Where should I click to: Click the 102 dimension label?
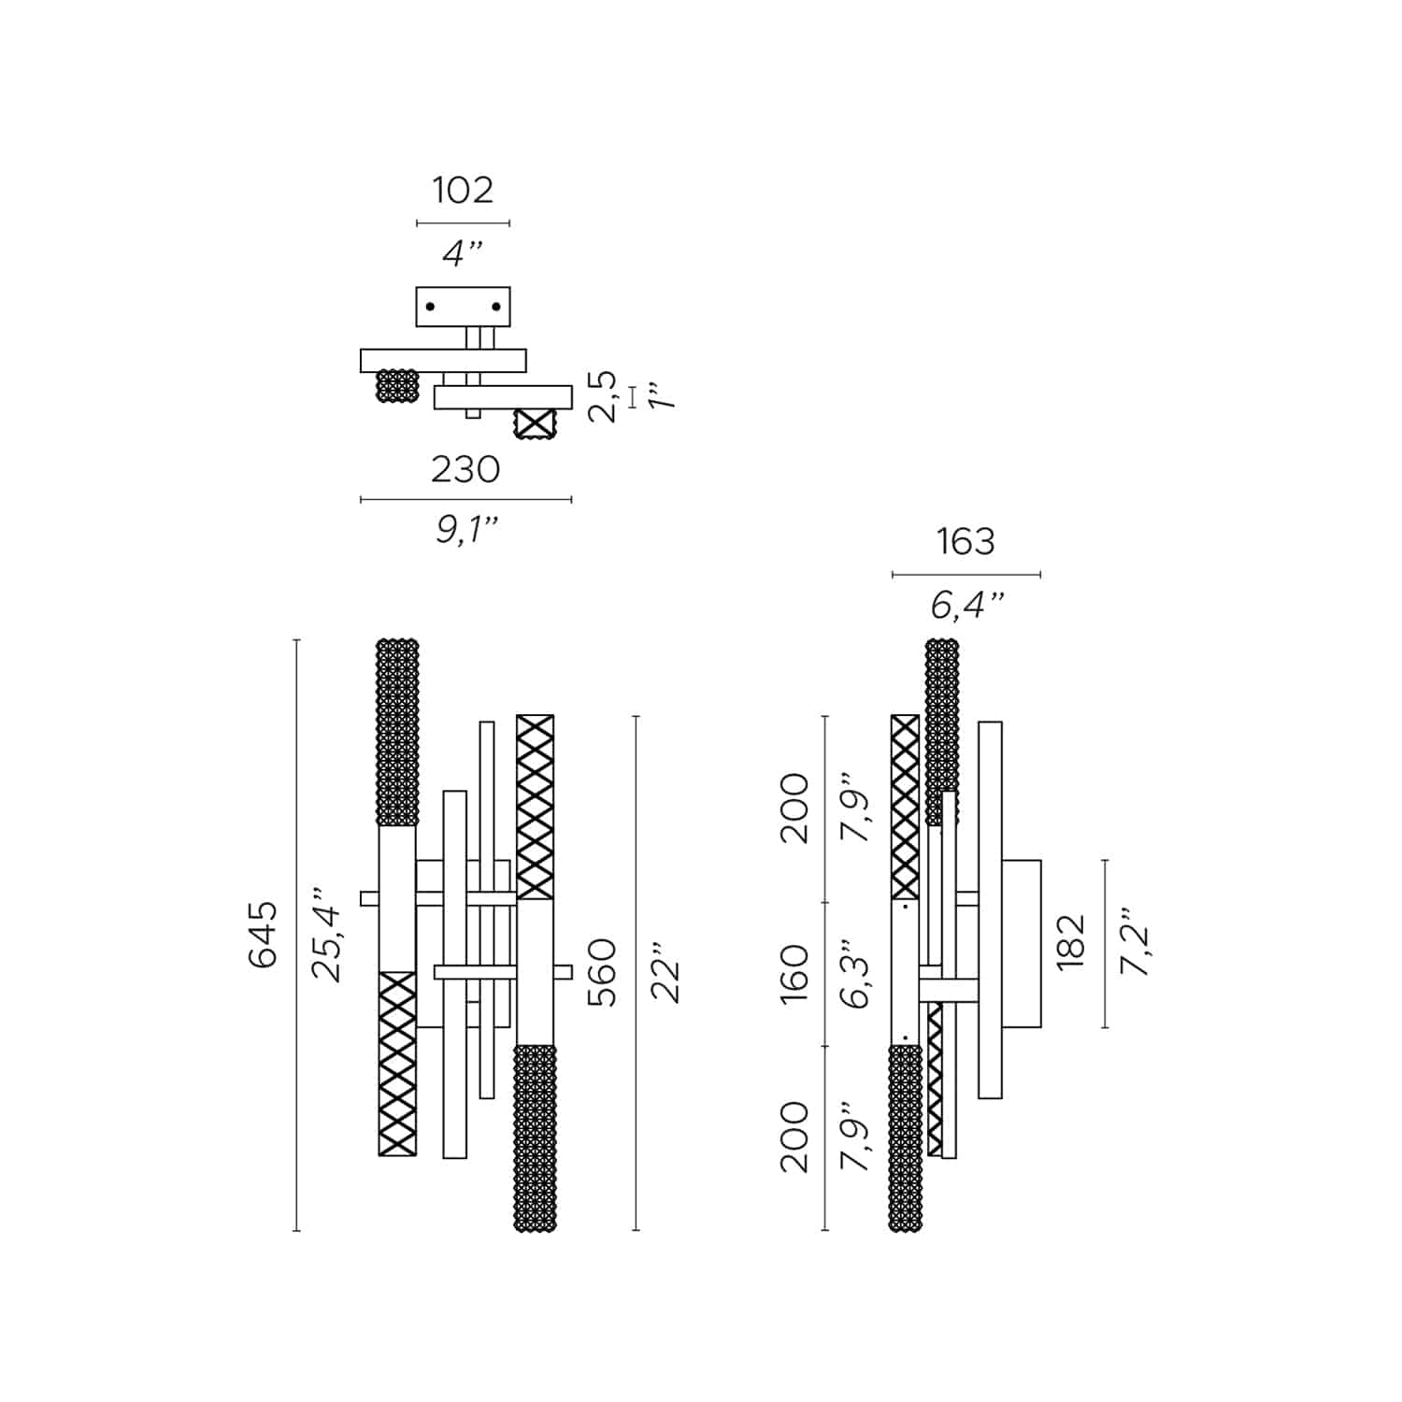tap(462, 190)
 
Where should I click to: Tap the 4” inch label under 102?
tap(462, 252)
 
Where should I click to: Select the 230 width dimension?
tap(465, 469)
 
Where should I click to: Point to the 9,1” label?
tap(465, 531)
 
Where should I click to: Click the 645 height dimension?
tap(264, 934)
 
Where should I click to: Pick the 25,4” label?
tap(328, 934)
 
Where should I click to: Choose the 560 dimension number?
tap(603, 972)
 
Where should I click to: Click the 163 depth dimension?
tap(966, 542)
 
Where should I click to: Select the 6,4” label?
tap(966, 606)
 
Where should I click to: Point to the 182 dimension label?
tap(1071, 942)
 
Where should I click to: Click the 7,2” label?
tap(1135, 942)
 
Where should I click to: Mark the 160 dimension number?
tap(794, 973)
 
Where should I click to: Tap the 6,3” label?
tap(856, 973)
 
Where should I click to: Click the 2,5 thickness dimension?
tap(604, 396)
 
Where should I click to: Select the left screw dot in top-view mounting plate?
tap(430, 307)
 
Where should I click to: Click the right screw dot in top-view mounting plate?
tap(496, 307)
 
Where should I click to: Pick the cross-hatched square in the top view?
tap(535, 424)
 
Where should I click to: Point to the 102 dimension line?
tap(463, 223)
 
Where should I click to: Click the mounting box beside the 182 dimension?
tap(1022, 943)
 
